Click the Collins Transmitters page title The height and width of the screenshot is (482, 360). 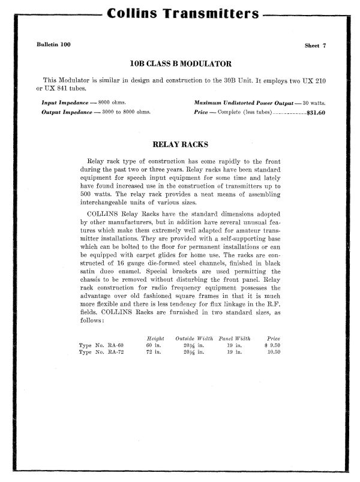(181, 14)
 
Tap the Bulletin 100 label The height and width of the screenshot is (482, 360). (53, 46)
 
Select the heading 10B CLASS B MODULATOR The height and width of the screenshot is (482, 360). (181, 64)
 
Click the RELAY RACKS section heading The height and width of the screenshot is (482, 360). (180, 144)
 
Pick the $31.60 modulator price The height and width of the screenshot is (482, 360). (316, 112)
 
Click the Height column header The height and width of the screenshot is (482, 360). (155, 339)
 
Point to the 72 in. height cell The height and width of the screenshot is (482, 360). (154, 352)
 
